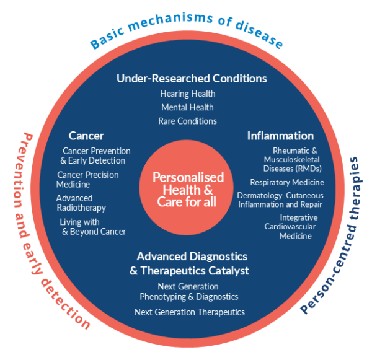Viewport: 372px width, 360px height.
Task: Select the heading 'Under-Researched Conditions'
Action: [192, 79]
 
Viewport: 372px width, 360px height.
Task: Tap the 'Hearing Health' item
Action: [187, 94]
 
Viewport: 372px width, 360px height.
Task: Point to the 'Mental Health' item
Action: [187, 107]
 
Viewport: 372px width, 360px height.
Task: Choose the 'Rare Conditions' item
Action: [187, 121]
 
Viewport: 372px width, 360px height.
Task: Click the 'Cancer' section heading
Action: [86, 136]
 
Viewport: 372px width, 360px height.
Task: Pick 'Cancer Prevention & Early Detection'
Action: [96, 156]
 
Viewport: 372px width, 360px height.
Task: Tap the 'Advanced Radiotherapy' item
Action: [81, 203]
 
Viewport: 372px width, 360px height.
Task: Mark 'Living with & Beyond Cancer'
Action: [92, 226]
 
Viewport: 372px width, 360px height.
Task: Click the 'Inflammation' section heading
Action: [280, 136]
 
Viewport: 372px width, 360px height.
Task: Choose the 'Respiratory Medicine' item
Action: [286, 182]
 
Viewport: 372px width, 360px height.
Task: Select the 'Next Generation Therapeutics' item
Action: [190, 312]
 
